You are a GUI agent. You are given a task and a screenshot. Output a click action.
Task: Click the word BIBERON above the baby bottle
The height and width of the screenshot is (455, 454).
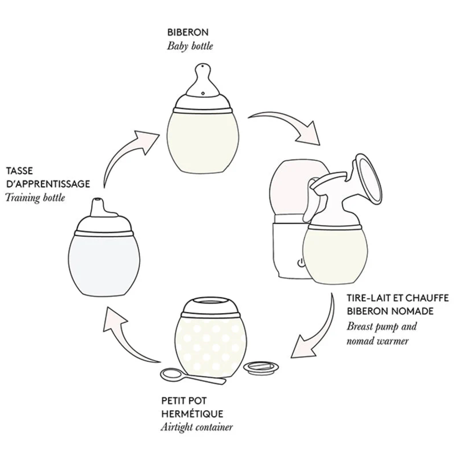pos(187,32)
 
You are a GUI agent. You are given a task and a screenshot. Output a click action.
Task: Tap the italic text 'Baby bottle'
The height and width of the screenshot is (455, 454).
pos(190,46)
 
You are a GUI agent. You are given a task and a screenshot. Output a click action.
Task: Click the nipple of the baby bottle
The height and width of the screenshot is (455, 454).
pos(203,80)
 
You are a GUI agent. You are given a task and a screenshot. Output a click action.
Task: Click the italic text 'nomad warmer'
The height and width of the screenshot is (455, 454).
pos(377,341)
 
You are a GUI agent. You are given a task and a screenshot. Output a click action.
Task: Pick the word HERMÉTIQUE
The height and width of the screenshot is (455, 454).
pos(192,414)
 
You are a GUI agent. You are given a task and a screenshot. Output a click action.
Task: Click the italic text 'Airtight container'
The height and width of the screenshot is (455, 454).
pos(196,428)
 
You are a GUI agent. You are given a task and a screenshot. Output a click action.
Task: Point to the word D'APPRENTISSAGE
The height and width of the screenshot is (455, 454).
pos(48,184)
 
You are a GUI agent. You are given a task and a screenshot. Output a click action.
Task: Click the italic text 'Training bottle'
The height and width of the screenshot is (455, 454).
pos(35,198)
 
